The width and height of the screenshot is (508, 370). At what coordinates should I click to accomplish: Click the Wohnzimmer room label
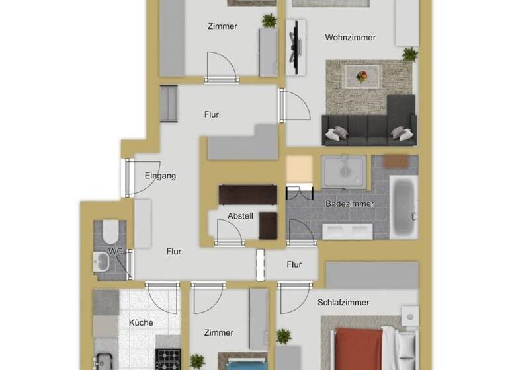point(350,38)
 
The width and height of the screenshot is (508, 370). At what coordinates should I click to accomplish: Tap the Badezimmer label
point(349,203)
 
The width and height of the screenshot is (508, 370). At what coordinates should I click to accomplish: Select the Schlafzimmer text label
point(343,302)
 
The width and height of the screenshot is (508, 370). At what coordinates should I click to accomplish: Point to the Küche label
point(141,323)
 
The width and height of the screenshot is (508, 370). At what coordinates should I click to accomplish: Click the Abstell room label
point(240,216)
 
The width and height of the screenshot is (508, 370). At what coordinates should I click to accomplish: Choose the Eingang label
point(160,176)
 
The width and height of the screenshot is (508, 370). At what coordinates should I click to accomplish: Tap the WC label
point(116,252)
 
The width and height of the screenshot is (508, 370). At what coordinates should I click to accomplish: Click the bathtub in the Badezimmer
point(403,206)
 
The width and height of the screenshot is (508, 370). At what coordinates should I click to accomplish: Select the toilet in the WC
point(110,231)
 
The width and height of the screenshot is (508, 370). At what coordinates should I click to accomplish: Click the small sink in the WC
point(102,263)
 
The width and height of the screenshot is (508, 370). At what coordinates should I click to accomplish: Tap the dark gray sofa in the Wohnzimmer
point(368,126)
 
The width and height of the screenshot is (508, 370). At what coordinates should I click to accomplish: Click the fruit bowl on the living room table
point(361,76)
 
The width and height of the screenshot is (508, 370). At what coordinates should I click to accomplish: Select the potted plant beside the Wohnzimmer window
point(410,54)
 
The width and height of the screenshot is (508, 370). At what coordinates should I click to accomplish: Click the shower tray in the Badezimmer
point(344,170)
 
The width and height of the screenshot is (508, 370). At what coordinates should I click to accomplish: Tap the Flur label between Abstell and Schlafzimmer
point(294,264)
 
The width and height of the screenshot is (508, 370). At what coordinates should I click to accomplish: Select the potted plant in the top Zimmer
point(269,21)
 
